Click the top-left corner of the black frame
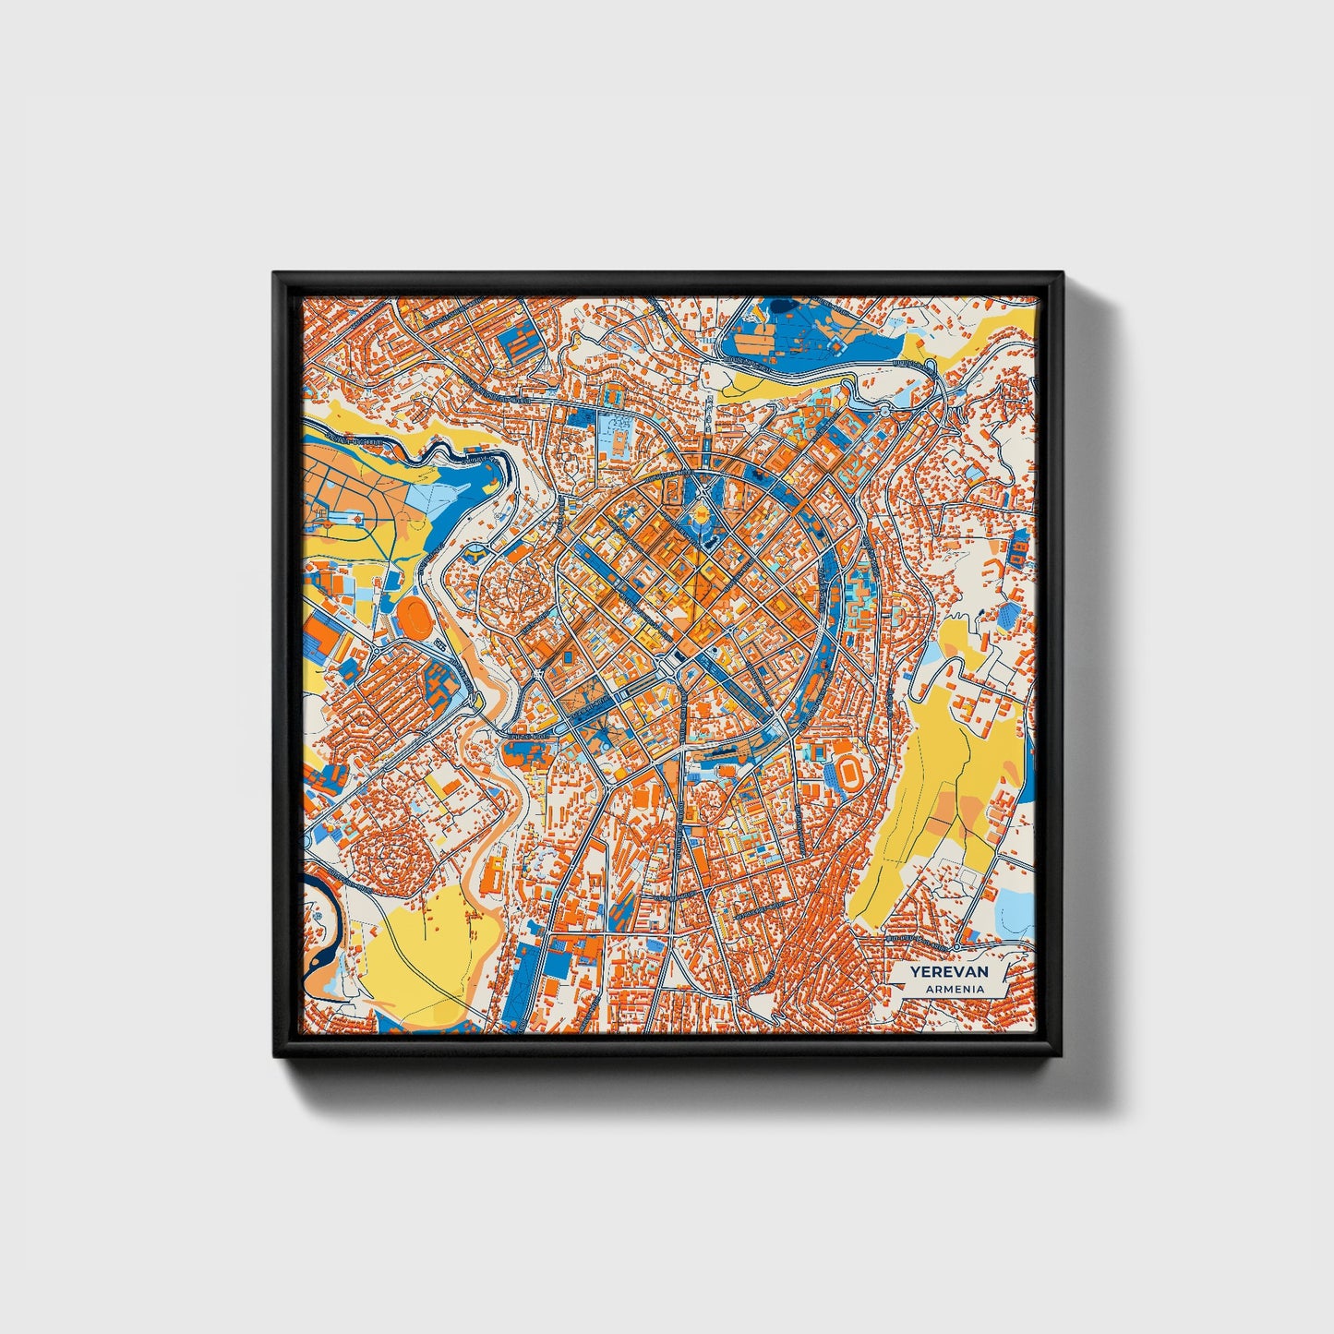pyautogui.click(x=275, y=274)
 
